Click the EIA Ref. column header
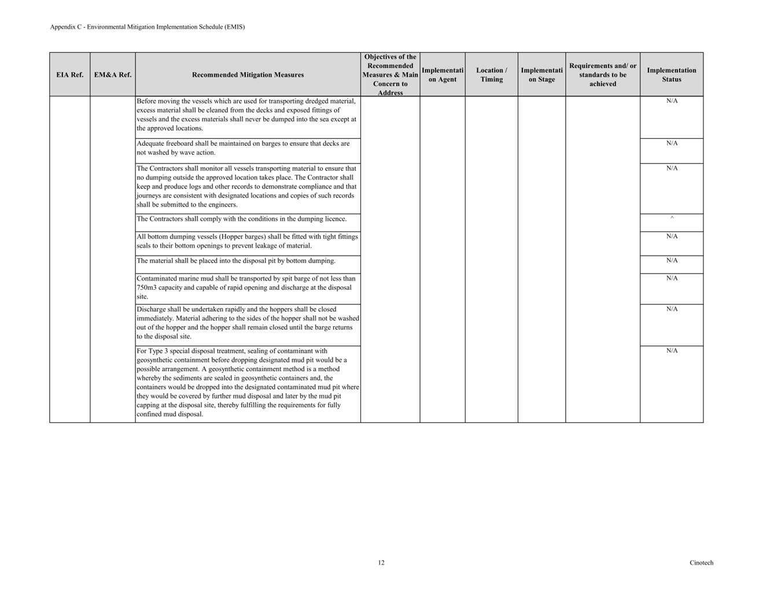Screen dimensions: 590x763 [x=69, y=75]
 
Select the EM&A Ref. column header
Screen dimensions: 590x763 [x=112, y=75]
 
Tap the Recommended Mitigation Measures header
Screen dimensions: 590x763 [x=248, y=75]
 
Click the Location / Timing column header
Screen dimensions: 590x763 [x=491, y=75]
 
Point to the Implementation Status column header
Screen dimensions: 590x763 [x=671, y=75]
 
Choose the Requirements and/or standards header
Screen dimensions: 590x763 [x=602, y=75]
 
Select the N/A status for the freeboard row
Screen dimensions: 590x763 [x=672, y=143]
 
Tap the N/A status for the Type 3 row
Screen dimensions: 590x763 [x=672, y=351]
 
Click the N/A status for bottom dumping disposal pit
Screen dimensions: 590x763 [x=672, y=260]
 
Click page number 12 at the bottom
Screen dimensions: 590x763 [x=381, y=562]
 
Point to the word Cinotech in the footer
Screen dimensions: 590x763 [x=701, y=562]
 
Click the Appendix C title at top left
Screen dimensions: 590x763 [x=147, y=27]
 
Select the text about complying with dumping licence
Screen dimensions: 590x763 [x=241, y=219]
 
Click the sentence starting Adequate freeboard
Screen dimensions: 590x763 [x=243, y=143]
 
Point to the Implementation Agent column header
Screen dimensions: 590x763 [x=443, y=75]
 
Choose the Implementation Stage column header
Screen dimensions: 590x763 [x=541, y=75]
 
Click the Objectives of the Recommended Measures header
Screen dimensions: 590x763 [x=390, y=75]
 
